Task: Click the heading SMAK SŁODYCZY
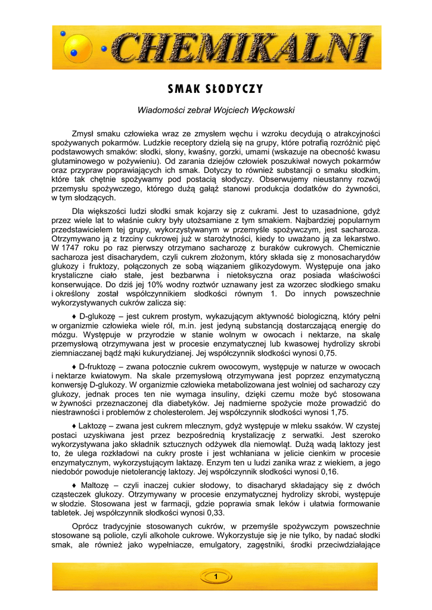pos(216,89)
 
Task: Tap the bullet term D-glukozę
pos(98,316)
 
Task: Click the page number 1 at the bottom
pos(216,577)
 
